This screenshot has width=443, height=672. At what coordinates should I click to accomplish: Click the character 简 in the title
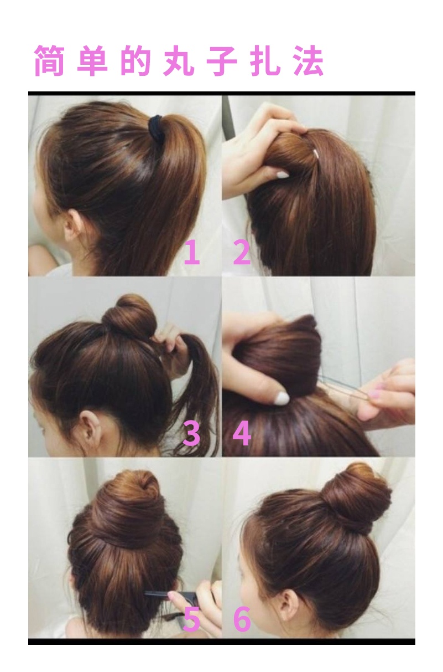tap(49, 61)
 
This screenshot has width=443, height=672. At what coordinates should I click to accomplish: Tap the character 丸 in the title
tap(178, 61)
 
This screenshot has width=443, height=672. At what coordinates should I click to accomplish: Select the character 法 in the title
tap(309, 61)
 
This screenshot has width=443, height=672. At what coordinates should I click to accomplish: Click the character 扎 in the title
tap(265, 61)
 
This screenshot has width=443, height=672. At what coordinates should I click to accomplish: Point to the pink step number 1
tap(192, 253)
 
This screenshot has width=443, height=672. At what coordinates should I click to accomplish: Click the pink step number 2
tap(242, 253)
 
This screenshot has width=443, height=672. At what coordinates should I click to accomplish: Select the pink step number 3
tap(191, 433)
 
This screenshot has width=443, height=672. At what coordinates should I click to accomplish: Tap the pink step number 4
tap(242, 433)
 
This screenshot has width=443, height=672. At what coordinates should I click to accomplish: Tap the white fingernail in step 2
tap(282, 175)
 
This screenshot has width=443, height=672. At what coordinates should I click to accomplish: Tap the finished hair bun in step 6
tap(356, 500)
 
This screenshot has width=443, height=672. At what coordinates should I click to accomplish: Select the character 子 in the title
tap(222, 61)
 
